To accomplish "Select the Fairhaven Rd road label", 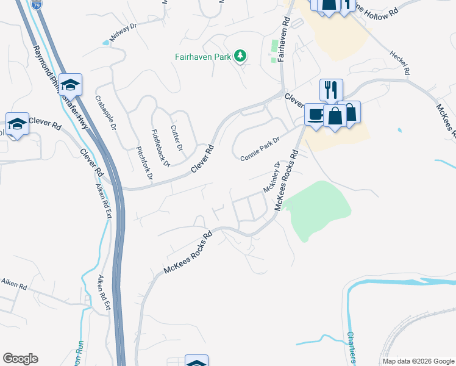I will tap(283, 38).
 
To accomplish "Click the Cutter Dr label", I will tap(176, 138).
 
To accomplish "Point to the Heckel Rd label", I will tap(399, 61).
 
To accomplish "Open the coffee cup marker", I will tap(315, 114).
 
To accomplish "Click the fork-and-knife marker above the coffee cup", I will tap(331, 90).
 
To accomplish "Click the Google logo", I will tap(20, 359).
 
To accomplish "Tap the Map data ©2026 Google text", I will tap(418, 361).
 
